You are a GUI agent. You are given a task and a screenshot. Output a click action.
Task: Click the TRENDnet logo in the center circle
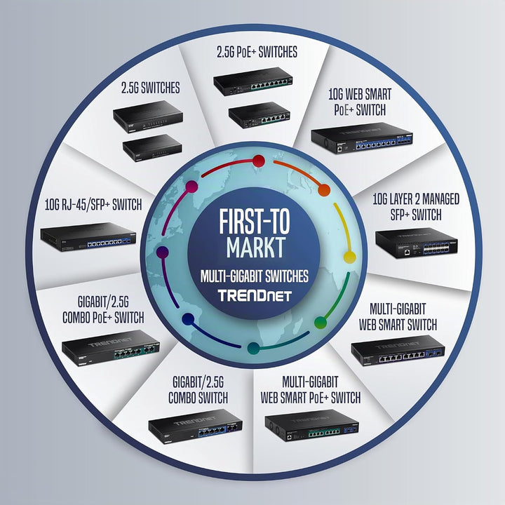[255, 295]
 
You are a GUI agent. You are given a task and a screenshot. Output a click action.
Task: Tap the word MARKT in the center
[256, 247]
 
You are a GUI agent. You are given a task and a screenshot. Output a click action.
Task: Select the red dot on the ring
[259, 161]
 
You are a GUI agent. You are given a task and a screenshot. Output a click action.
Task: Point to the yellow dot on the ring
[349, 257]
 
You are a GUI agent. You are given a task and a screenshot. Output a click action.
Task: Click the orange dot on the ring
[324, 190]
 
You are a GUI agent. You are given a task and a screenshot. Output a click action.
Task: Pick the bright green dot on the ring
[321, 323]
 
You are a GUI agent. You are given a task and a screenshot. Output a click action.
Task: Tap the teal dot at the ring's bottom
[253, 348]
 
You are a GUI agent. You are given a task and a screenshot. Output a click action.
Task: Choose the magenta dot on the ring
[191, 187]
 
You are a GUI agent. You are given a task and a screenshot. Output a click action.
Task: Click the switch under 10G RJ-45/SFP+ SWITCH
[88, 237]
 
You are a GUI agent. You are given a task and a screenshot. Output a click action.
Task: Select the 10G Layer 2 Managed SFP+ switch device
[417, 243]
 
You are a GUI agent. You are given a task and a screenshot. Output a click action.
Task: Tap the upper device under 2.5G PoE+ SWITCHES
[253, 81]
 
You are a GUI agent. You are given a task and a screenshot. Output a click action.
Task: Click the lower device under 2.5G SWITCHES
[152, 147]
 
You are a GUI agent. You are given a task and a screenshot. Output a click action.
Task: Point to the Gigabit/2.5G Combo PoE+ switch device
[111, 348]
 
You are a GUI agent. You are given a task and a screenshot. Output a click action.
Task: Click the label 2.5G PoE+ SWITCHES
[257, 52]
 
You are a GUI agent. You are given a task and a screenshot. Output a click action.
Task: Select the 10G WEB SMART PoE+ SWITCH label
[360, 102]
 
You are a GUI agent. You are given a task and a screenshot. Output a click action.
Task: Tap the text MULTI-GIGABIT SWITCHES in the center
[255, 276]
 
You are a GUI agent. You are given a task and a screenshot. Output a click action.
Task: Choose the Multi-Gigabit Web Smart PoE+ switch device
[311, 425]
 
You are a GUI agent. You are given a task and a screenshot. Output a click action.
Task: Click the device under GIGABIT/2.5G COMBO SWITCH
[195, 426]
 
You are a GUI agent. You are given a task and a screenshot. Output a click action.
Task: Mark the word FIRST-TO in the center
[255, 222]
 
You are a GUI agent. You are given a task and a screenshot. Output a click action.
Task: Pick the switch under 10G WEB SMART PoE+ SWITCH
[362, 138]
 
